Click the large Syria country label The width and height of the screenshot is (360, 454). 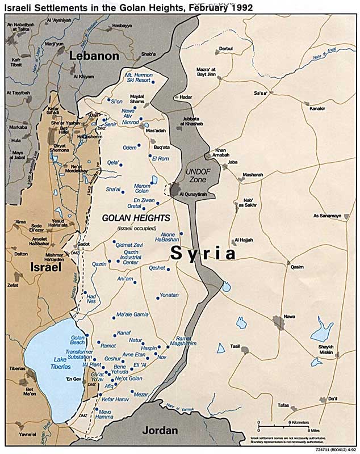tap(204, 253)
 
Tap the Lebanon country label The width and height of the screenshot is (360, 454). tap(94, 56)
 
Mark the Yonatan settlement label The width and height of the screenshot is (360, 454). tap(169, 295)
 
